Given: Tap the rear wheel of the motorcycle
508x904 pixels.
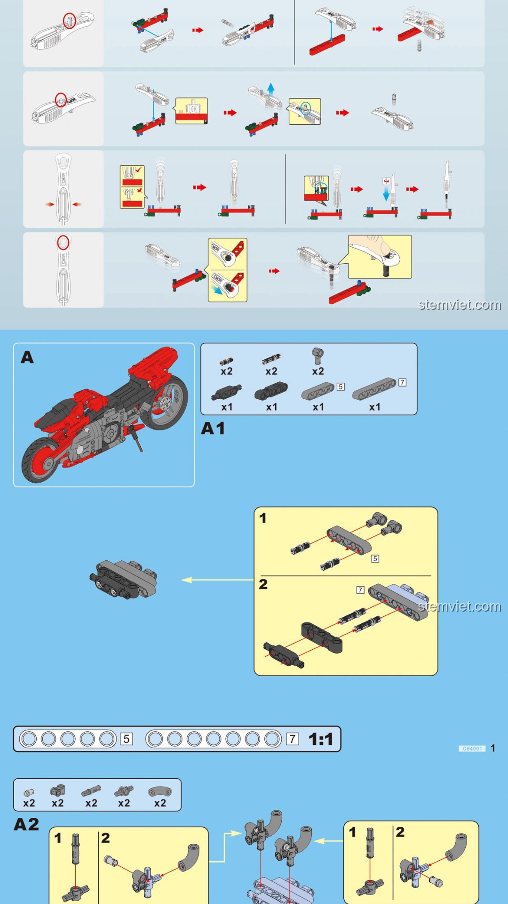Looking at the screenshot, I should point(167,403).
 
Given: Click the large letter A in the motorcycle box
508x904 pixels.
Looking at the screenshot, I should point(27,358).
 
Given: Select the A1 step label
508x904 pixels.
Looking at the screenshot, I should point(213,428).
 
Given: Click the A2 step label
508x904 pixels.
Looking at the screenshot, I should point(26,824).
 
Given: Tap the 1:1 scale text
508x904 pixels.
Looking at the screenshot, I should point(321,739).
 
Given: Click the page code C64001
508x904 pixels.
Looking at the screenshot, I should point(472,748).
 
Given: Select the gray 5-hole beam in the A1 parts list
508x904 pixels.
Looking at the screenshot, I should point(318,391).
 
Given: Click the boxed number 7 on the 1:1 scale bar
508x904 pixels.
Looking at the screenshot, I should point(293,739).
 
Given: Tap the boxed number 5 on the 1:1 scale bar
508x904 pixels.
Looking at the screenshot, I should point(126,739).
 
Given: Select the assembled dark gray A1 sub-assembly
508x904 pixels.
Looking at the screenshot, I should point(124,579).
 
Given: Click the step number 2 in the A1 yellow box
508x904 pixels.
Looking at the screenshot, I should point(263,584).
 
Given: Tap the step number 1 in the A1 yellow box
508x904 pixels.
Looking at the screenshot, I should point(263,518).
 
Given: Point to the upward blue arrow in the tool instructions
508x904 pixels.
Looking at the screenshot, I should point(270,89).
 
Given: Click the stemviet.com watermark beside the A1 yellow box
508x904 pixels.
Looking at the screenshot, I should point(459,606).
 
